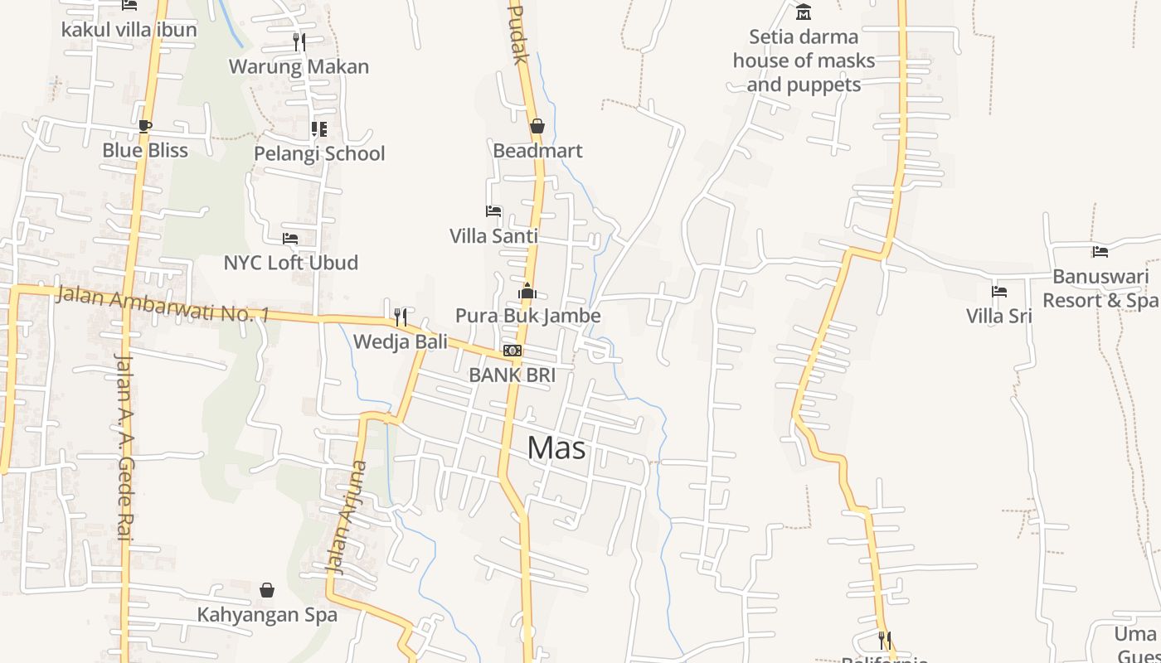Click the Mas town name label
(x=556, y=448)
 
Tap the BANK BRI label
(x=512, y=375)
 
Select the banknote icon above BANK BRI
(x=512, y=351)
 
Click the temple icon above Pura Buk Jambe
(x=527, y=291)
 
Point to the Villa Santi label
(x=493, y=236)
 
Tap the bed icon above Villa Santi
(x=493, y=211)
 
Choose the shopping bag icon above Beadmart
(x=537, y=126)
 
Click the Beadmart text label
(x=537, y=151)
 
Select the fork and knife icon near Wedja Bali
(x=401, y=317)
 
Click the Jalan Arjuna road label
(x=347, y=518)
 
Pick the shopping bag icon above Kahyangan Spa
(x=267, y=590)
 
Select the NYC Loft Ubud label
(x=291, y=263)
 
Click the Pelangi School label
(x=319, y=153)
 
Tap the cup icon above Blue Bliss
(x=145, y=126)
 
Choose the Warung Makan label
(x=299, y=66)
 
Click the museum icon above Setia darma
(x=803, y=12)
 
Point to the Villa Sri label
(x=998, y=316)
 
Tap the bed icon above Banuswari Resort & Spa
(x=1100, y=252)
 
